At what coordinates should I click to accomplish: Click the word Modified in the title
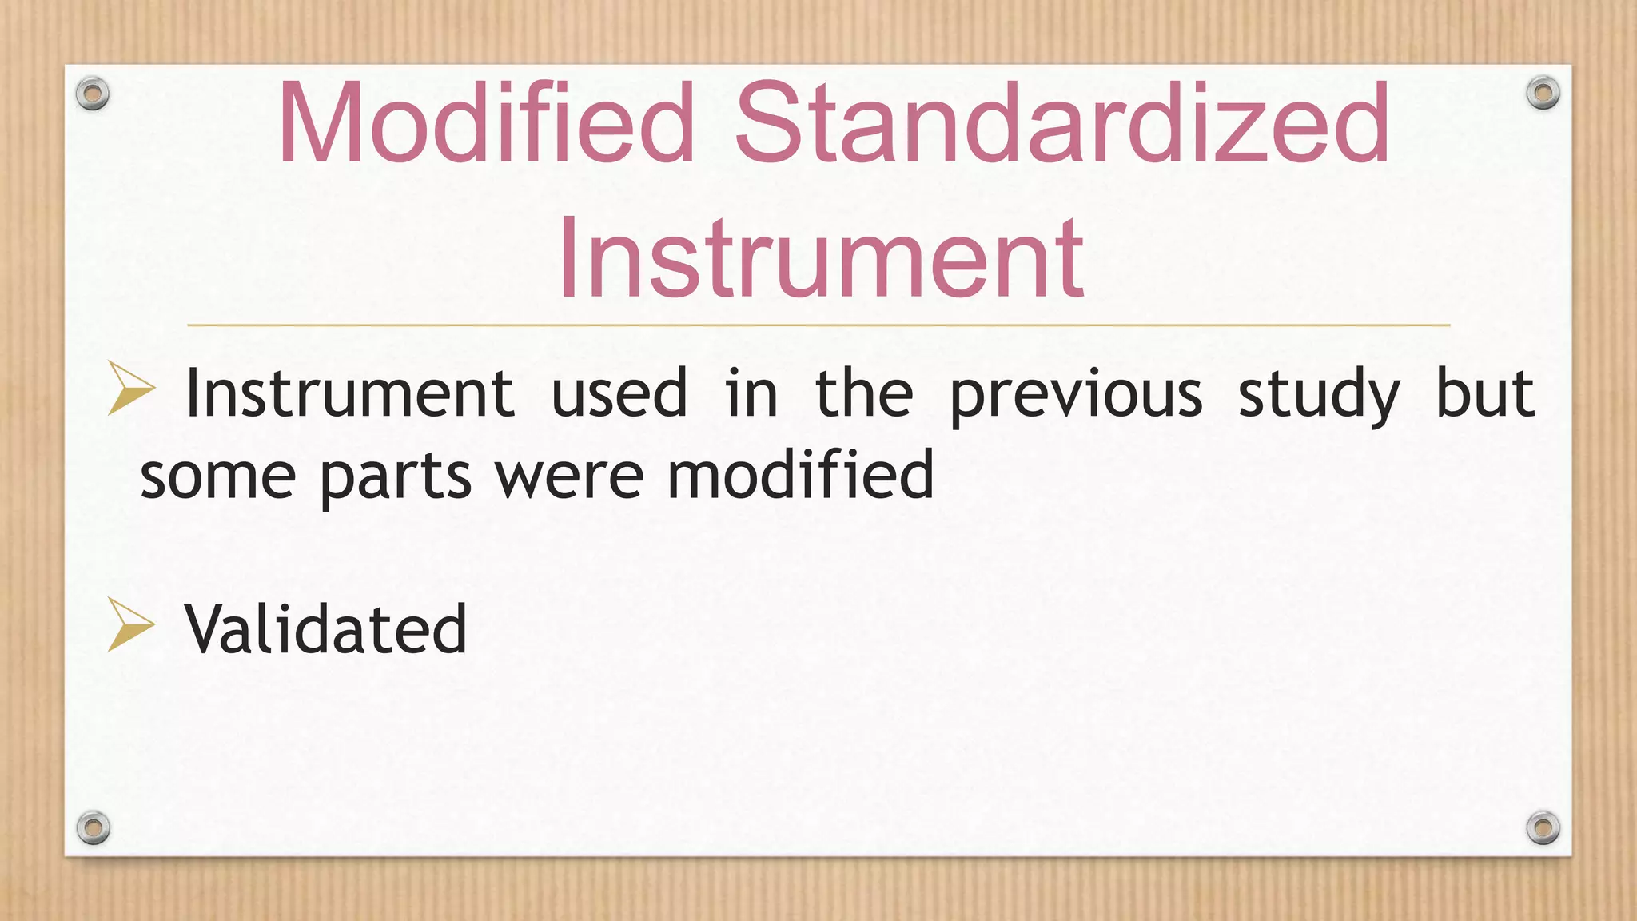click(486, 124)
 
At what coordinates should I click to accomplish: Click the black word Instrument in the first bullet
click(349, 393)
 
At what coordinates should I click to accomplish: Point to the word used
click(619, 393)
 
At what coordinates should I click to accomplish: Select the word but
click(1485, 393)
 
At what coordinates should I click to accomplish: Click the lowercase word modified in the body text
click(800, 473)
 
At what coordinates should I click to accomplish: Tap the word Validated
click(325, 629)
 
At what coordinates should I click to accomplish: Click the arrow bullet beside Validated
click(129, 624)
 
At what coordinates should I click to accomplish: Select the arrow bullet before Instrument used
click(129, 389)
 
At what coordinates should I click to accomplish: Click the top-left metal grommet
click(93, 94)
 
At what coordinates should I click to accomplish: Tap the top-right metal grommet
click(1543, 94)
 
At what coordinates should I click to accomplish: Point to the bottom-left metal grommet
click(93, 827)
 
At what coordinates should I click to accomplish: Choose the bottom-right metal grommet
click(1543, 827)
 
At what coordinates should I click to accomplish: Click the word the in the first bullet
click(863, 393)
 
